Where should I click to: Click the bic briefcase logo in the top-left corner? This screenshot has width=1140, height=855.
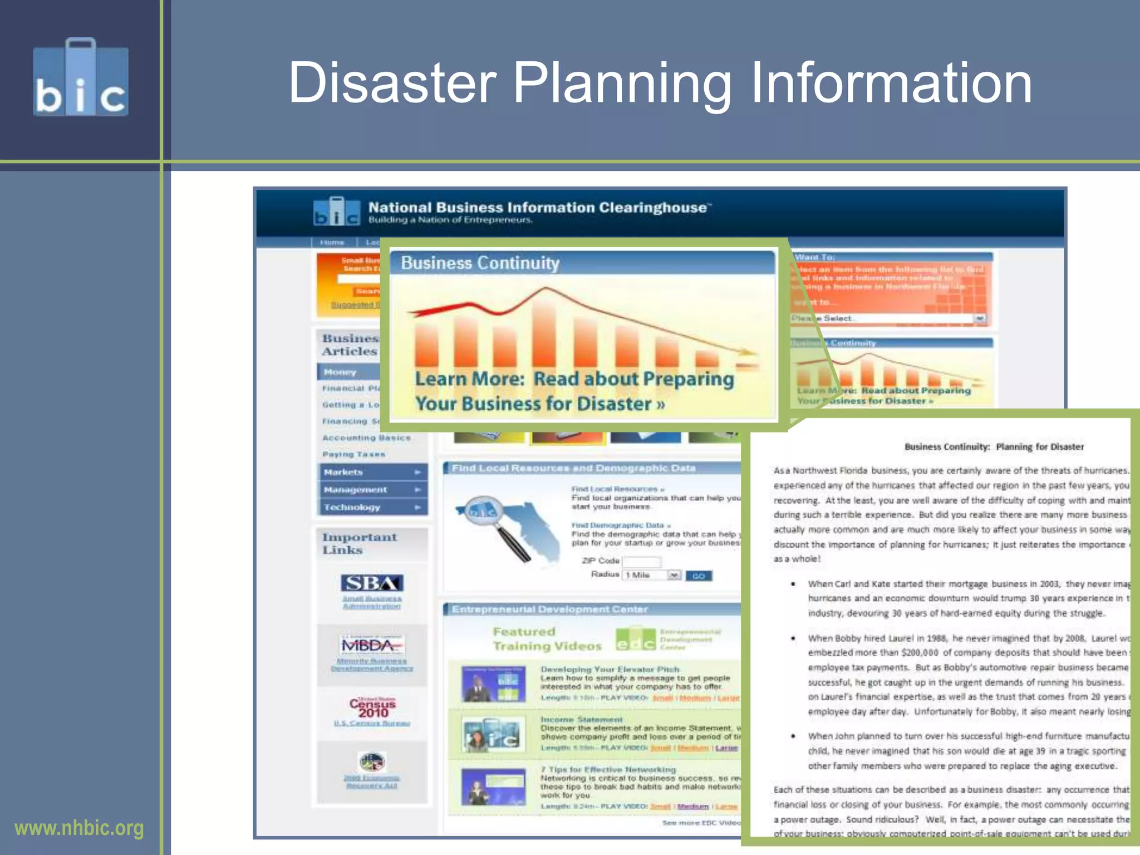[81, 78]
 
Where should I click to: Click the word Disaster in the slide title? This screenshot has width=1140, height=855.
[392, 83]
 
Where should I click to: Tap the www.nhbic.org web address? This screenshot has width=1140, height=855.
[79, 828]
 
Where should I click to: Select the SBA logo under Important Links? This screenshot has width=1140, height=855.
[372, 583]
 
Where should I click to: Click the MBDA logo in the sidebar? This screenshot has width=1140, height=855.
[372, 646]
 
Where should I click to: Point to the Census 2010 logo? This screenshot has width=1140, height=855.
[372, 707]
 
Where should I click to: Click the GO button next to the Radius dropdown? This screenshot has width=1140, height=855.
[698, 576]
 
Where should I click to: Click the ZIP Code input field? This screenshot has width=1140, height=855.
[642, 561]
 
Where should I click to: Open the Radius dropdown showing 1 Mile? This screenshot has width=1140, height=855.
[652, 575]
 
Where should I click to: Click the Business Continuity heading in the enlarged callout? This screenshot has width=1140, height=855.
[480, 263]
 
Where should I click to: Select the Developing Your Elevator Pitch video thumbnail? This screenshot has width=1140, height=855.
[493, 684]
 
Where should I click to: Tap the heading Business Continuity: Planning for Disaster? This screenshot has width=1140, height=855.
[994, 446]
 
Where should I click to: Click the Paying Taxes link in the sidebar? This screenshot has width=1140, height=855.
[353, 454]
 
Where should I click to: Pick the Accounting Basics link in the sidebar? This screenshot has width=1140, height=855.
[366, 438]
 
